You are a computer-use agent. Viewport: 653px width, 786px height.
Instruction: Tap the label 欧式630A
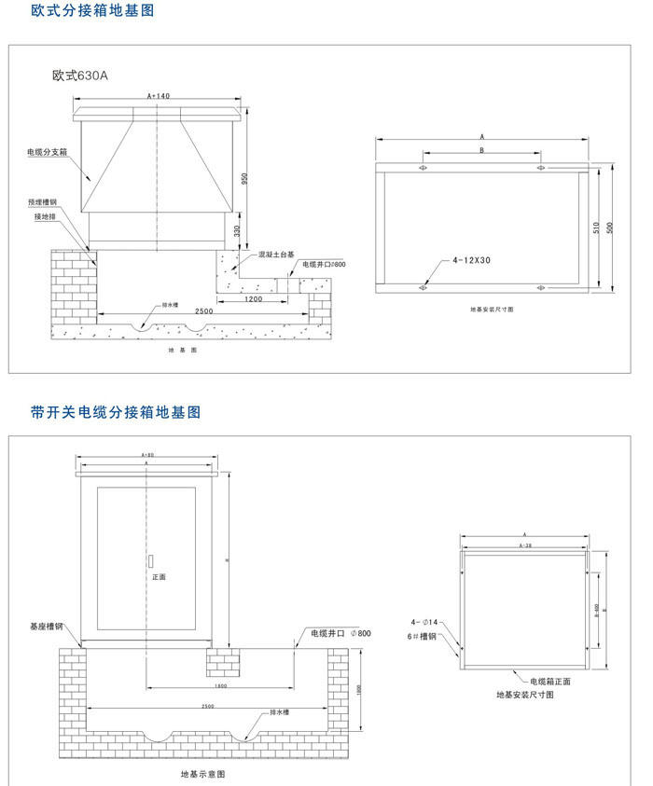click(x=81, y=76)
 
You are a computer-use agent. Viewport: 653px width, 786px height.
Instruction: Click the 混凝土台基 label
click(x=277, y=254)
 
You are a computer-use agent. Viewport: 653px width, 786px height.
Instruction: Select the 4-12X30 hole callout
click(x=472, y=261)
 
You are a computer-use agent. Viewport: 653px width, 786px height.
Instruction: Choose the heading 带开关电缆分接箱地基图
click(x=116, y=411)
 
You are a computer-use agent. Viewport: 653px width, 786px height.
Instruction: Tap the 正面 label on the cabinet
click(x=159, y=577)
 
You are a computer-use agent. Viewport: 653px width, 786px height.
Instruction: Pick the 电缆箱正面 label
click(x=550, y=682)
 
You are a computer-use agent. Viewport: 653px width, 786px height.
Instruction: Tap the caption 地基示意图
click(x=201, y=774)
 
